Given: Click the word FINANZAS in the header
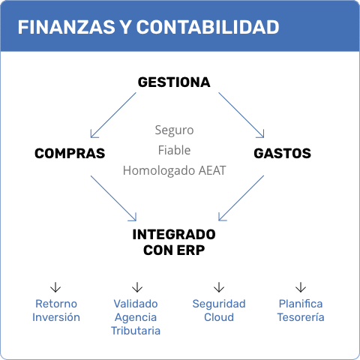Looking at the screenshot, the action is [x=66, y=27].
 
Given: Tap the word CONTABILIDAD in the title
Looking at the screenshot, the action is [x=208, y=27].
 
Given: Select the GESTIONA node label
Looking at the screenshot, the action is [x=174, y=82].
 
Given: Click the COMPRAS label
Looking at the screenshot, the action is [x=70, y=153].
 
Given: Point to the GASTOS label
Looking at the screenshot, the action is [x=283, y=153].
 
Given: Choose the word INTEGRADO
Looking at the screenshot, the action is [x=174, y=235].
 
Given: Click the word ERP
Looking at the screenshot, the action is [x=190, y=250].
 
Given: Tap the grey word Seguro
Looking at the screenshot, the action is [x=174, y=130].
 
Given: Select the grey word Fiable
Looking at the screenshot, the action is [x=174, y=150].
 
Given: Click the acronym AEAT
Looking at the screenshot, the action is [x=212, y=170].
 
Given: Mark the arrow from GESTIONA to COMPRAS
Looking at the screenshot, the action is [x=113, y=115].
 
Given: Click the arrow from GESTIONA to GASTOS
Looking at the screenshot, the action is [x=241, y=115].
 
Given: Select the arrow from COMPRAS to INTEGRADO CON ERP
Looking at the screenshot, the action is [x=113, y=198].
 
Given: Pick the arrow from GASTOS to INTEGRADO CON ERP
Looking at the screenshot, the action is [x=241, y=198].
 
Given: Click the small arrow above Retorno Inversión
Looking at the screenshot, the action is [x=55, y=287].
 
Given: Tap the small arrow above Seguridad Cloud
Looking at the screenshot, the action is [x=219, y=287].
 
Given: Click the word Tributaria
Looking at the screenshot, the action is [x=136, y=331].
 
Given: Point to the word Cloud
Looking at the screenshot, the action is [x=219, y=317].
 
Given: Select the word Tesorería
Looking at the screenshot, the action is [x=301, y=317].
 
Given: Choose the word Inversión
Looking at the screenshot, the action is [x=56, y=317].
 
